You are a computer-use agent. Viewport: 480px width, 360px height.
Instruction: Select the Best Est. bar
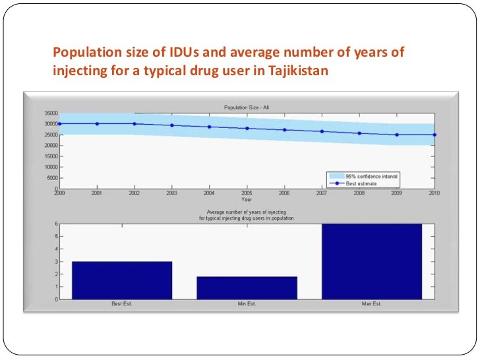(122, 280)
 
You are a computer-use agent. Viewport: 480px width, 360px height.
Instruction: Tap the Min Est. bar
(247, 287)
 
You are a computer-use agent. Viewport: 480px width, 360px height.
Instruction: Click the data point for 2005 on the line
(247, 129)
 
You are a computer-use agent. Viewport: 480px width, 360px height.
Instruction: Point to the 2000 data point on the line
(59, 123)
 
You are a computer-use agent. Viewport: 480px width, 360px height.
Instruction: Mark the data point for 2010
(435, 135)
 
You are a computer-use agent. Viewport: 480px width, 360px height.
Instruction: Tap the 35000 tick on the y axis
(51, 113)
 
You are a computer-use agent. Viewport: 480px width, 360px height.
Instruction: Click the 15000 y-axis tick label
(51, 156)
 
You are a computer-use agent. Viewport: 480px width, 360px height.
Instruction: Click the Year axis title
(246, 198)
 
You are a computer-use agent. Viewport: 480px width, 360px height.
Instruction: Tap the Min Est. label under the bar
(247, 304)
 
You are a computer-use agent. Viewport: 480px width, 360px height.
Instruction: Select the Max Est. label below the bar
(371, 304)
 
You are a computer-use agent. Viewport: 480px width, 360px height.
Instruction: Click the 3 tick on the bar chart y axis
(55, 262)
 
